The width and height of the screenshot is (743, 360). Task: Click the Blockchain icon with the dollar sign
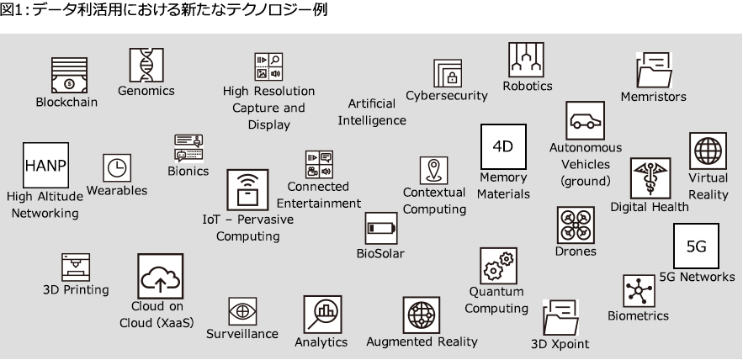pos(68,76)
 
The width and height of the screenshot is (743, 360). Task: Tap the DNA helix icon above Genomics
pos(146,65)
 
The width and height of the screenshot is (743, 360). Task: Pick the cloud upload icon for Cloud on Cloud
pos(160,277)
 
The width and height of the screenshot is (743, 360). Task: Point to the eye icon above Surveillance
pos(242,310)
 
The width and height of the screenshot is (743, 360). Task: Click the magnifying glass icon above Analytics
pos(321,315)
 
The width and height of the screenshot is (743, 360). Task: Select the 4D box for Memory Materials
pos(502,147)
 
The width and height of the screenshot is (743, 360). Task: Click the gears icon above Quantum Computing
pos(496,266)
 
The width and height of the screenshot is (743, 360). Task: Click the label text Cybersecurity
pos(446,96)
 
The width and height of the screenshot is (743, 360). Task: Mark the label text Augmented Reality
pos(422,341)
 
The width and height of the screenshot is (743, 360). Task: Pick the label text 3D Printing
pos(76,290)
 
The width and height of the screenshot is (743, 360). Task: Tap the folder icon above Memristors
pos(653,70)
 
